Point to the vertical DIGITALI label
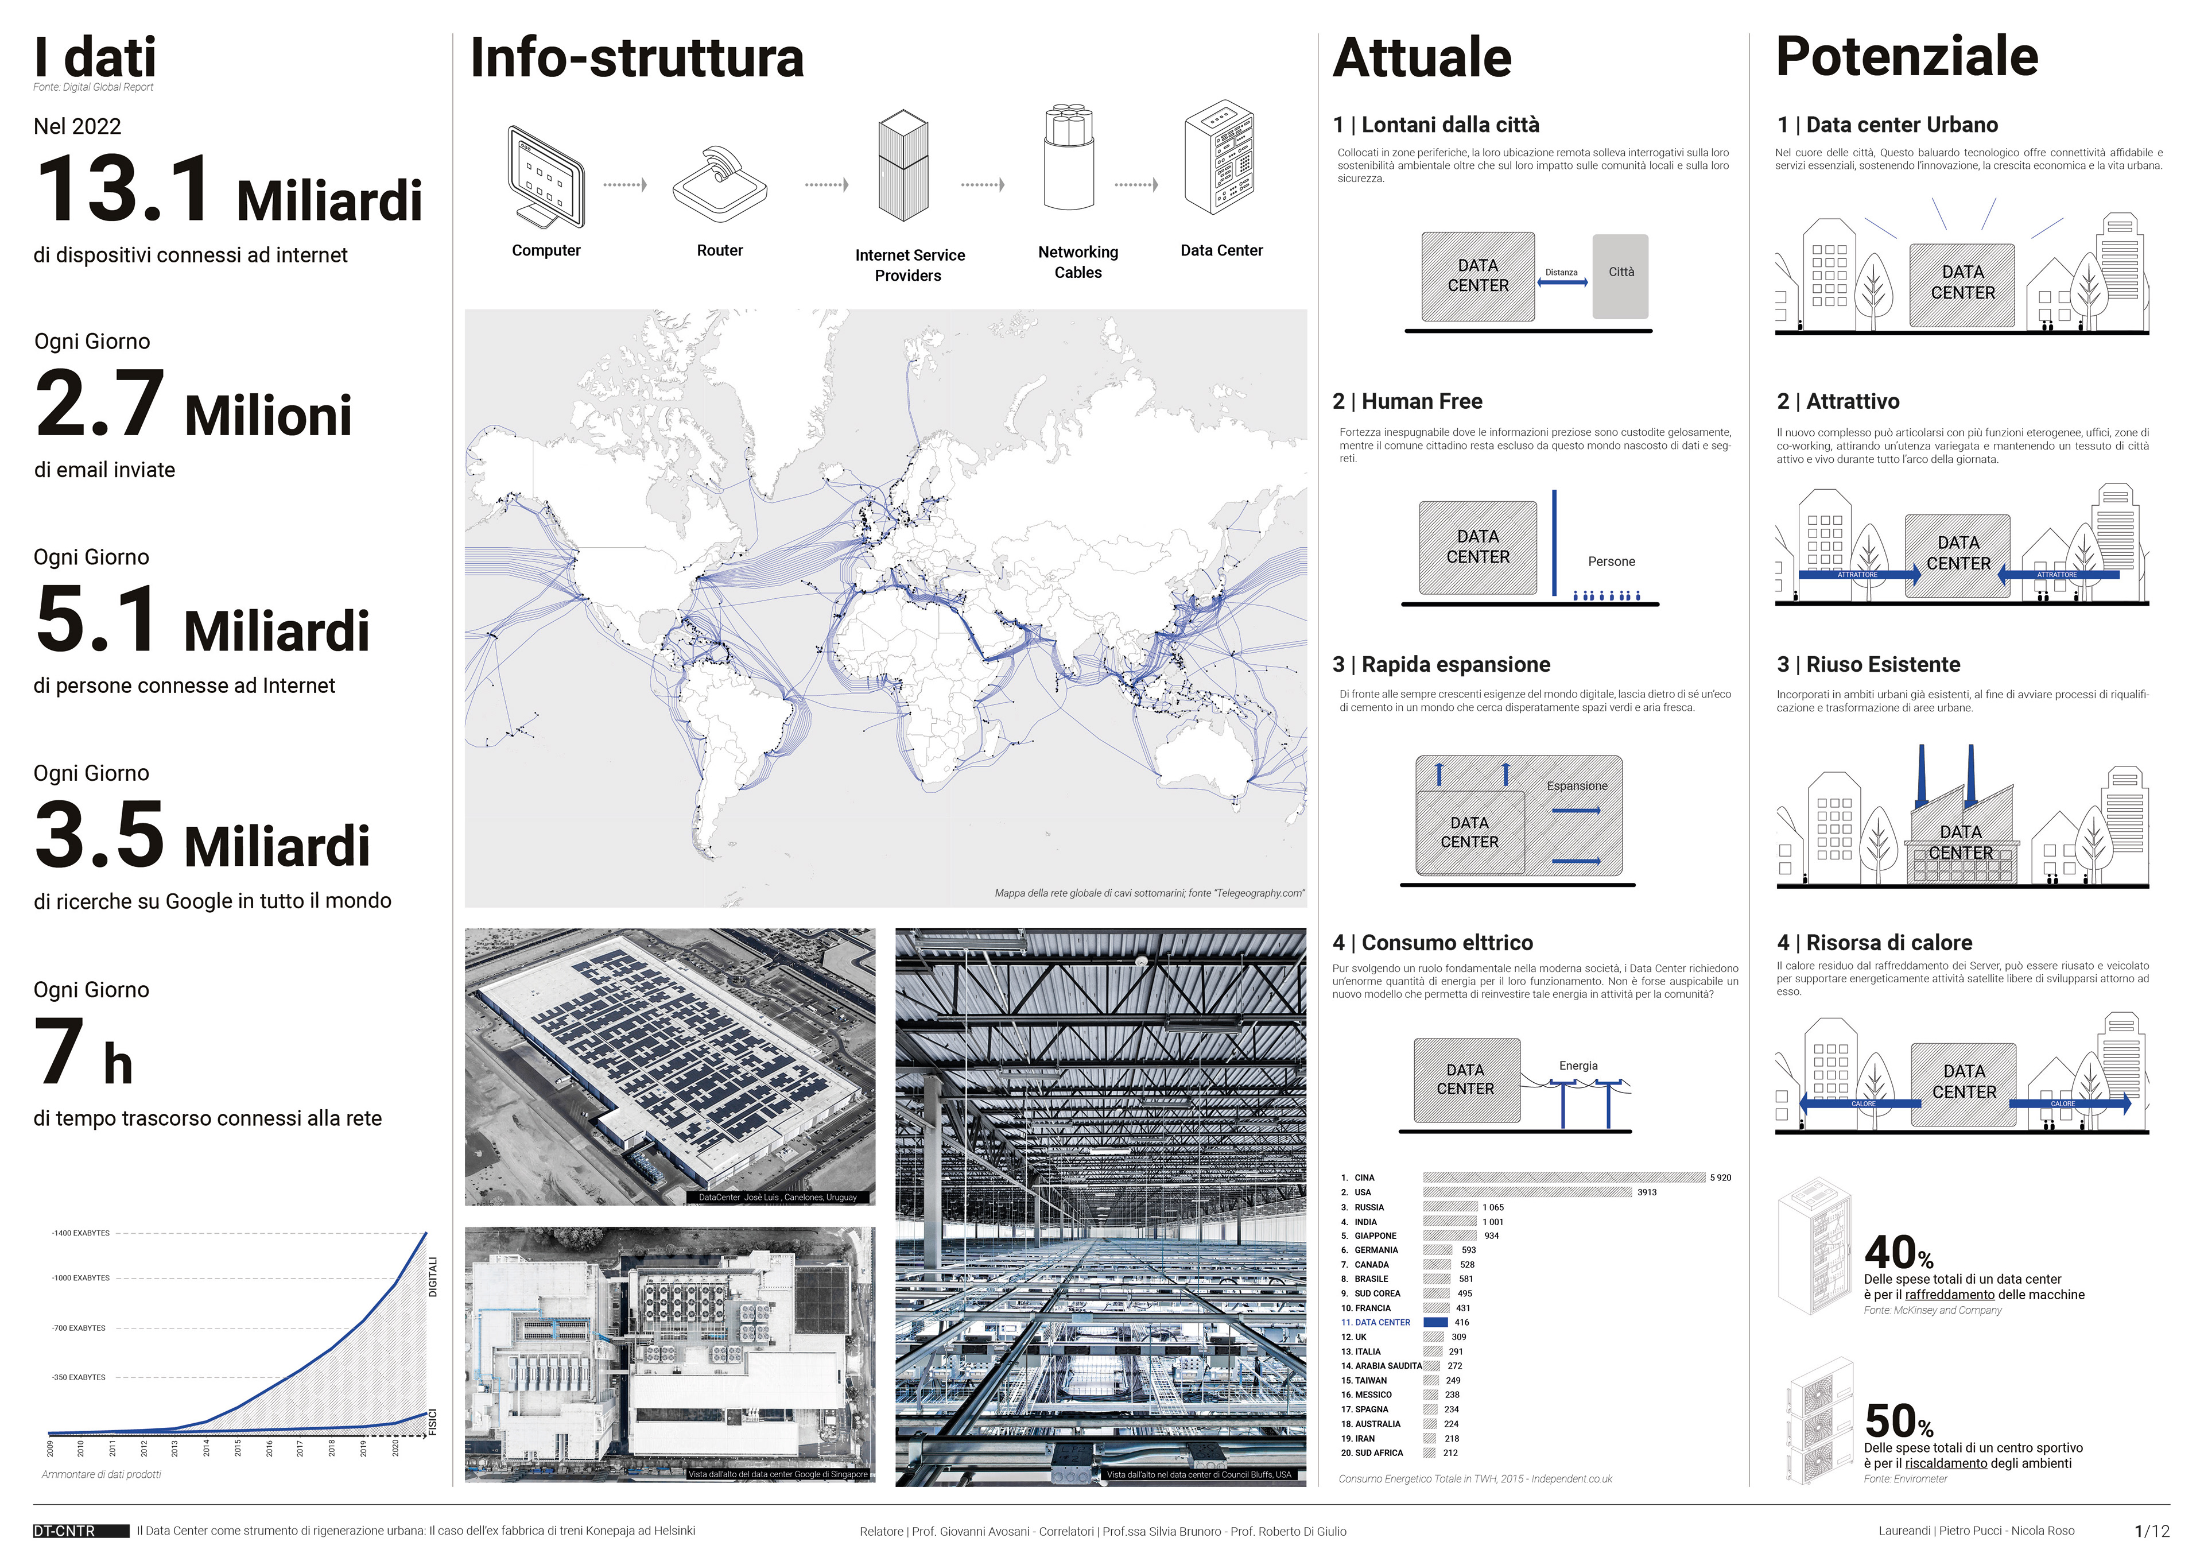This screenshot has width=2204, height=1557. coord(433,1277)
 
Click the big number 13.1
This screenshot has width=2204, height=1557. coord(125,189)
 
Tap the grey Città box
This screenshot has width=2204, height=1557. coord(1620,277)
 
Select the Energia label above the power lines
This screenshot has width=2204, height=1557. coord(1578,1066)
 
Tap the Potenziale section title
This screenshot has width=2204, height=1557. coord(1907,57)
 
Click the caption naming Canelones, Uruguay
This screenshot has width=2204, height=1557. coord(778,1197)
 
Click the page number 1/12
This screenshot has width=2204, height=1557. coord(2151,1531)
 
